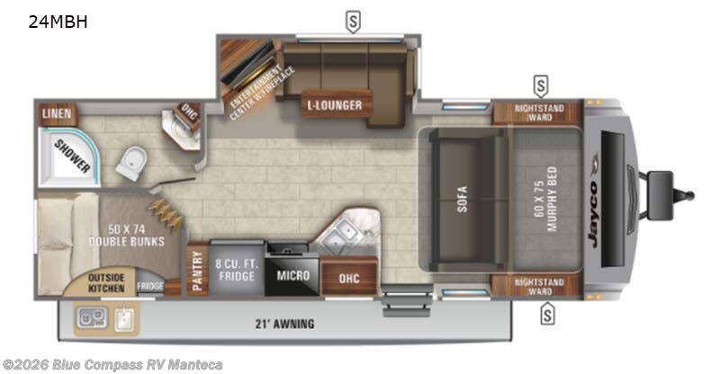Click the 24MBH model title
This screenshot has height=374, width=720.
click(58, 22)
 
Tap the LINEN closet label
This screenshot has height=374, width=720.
click(56, 113)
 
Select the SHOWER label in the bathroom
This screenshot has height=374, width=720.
click(70, 155)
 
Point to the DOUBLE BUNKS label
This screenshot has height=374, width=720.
click(127, 235)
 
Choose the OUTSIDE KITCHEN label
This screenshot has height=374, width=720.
click(105, 282)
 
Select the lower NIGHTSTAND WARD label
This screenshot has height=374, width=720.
click(539, 287)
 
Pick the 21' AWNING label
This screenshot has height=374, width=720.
click(283, 324)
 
